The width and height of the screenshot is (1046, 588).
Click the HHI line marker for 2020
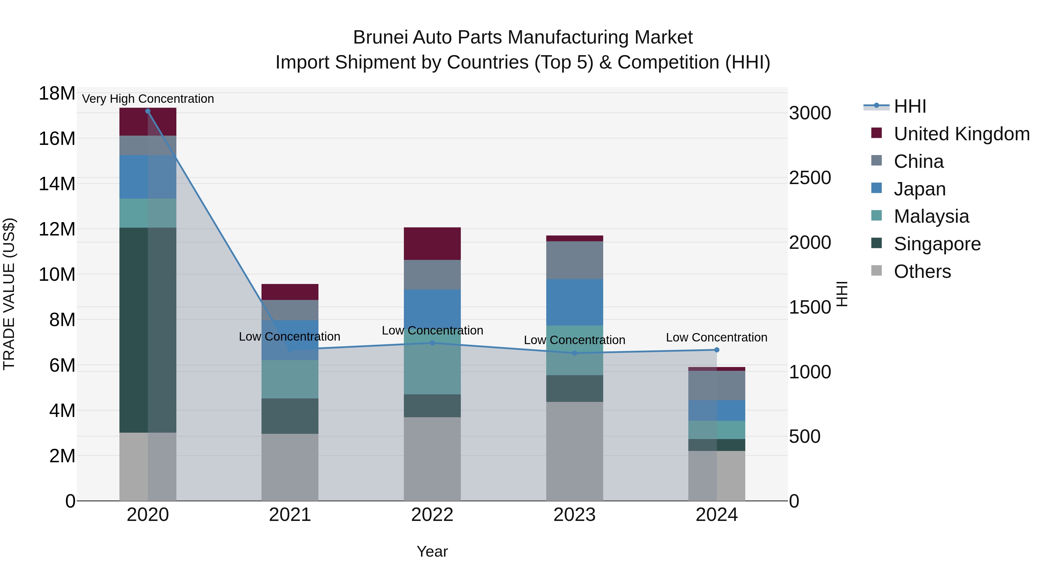[148, 111]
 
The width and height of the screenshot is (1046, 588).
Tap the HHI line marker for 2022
[432, 343]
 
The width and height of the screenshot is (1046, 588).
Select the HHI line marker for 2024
[717, 350]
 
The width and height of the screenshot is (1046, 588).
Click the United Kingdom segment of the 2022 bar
[432, 244]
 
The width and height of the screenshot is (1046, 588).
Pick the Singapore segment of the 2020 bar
[148, 330]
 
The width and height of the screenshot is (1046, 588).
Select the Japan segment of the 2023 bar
[574, 302]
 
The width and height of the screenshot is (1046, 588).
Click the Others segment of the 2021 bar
[290, 467]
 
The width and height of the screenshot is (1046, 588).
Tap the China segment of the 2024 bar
[717, 386]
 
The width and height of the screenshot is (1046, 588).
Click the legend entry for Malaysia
[931, 216]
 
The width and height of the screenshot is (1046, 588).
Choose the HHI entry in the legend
[909, 106]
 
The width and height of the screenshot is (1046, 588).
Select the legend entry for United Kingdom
[961, 134]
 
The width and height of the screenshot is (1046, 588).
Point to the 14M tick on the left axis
[57, 184]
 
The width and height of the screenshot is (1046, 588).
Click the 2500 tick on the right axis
[810, 178]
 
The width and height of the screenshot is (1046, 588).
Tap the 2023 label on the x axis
[574, 515]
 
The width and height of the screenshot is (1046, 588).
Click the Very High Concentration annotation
[148, 99]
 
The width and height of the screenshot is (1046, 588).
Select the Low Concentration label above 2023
[574, 340]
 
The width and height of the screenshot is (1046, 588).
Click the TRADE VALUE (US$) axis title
[9, 294]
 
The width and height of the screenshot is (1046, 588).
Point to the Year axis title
[432, 551]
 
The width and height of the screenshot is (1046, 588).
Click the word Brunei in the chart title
[380, 37]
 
